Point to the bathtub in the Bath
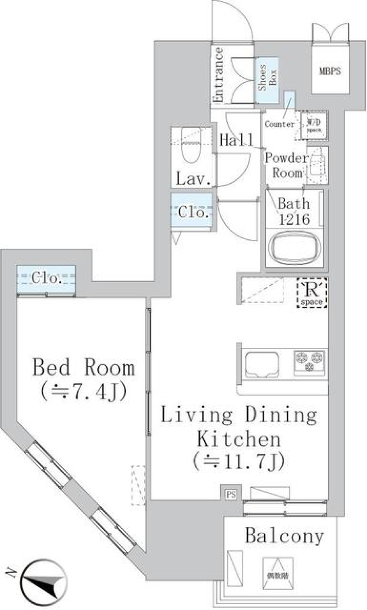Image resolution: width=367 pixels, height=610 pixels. (294, 247)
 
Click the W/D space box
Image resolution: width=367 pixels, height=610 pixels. (314, 125)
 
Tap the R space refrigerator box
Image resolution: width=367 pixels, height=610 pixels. (312, 293)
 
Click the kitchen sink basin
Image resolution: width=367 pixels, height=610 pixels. (262, 363)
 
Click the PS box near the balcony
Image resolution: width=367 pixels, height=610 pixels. (231, 495)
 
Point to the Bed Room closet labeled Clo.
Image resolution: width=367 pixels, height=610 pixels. (46, 279)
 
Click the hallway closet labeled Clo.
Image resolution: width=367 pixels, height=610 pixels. (192, 211)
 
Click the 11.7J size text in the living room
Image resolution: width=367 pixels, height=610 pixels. (239, 461)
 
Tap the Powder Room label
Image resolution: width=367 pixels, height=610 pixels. (286, 165)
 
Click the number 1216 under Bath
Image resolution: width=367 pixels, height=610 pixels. (294, 219)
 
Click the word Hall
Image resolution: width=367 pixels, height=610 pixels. (236, 140)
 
